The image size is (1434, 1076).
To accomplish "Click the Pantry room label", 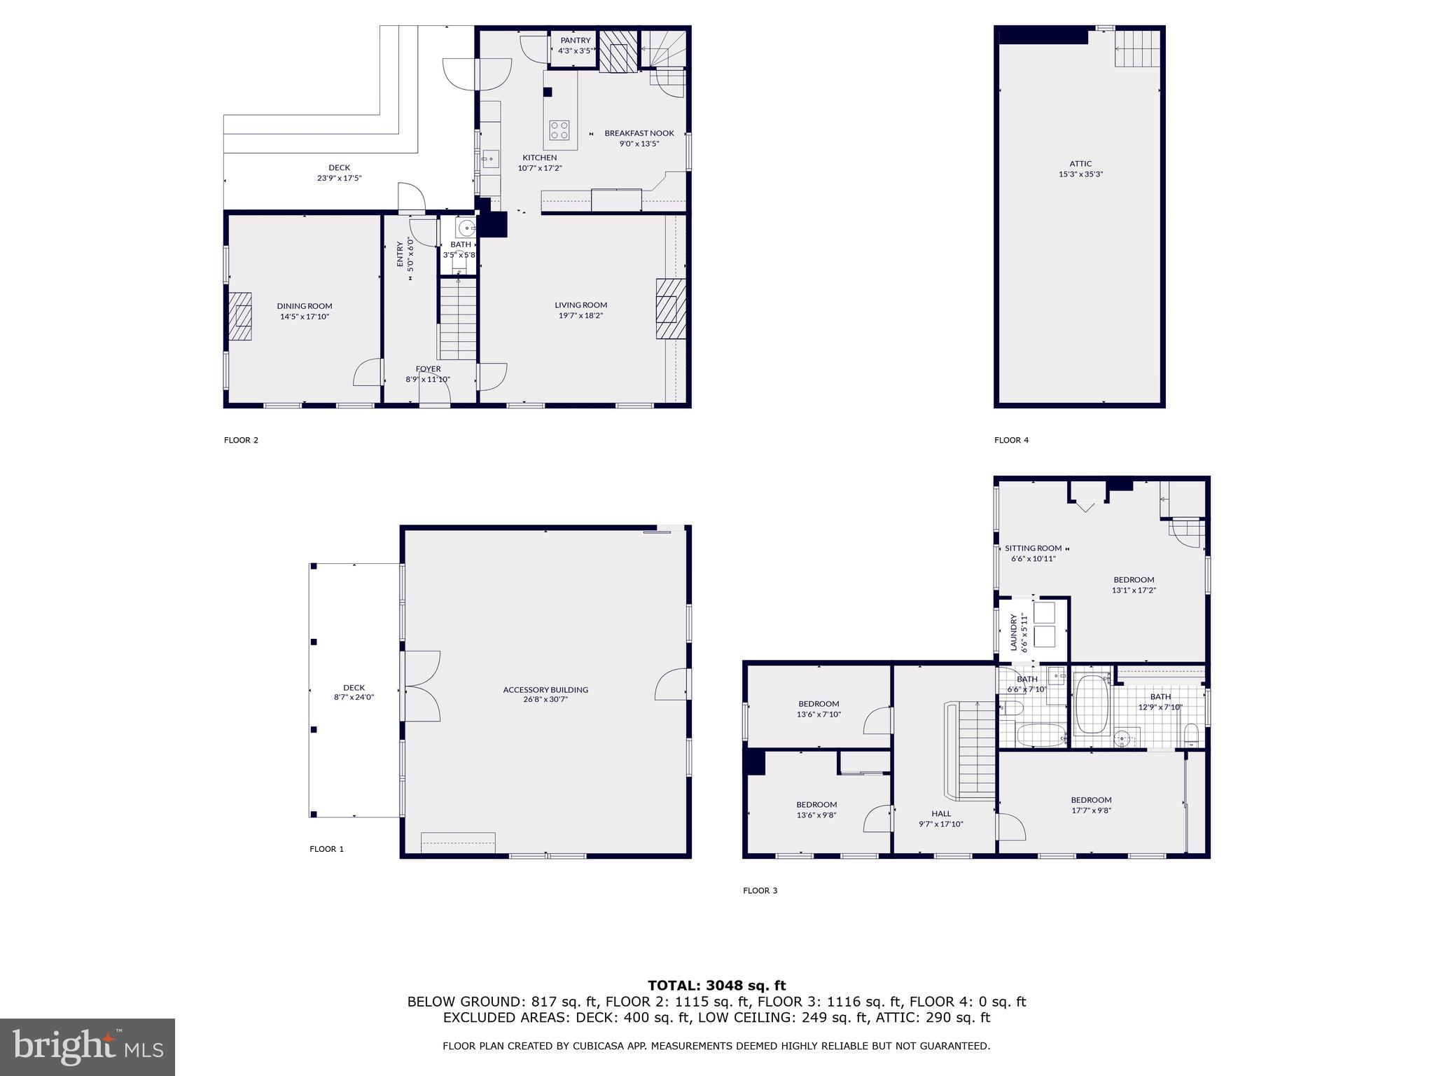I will (575, 41).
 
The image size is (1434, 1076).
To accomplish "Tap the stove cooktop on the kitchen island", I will (559, 130).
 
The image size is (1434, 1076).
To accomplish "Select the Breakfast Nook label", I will (639, 133).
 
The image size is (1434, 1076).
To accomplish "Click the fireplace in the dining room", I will (240, 316).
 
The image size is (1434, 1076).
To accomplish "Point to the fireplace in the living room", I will (670, 309).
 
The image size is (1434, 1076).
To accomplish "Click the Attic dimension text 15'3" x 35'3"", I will (1080, 174).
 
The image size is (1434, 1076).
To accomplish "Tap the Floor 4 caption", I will (1011, 440).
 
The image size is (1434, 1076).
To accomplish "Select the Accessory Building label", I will (545, 690).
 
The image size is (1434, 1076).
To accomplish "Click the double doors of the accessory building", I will (421, 687).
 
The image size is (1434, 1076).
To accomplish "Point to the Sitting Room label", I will (1033, 549).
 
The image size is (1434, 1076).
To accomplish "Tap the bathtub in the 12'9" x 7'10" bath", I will (1091, 703).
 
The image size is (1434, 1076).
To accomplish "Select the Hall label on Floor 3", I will (940, 813).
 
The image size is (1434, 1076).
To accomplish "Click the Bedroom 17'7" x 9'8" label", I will (1090, 800).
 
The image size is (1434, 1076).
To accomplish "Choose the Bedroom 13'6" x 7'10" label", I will (818, 704).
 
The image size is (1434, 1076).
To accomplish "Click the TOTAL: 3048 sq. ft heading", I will (716, 986).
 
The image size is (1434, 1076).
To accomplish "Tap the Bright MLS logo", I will (88, 1047).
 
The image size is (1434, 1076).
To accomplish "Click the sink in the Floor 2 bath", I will (466, 228).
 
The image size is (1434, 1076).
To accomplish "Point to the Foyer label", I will (428, 369).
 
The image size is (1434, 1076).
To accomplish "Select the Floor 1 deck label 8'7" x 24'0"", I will (354, 698).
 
